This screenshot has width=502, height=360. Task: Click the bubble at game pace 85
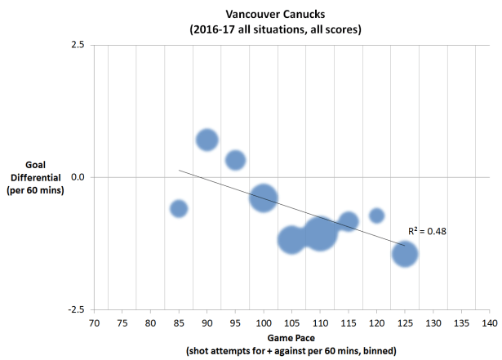click(179, 209)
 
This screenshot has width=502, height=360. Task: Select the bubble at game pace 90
click(207, 140)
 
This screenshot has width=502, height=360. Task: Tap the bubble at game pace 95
click(235, 160)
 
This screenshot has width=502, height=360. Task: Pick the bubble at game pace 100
click(263, 197)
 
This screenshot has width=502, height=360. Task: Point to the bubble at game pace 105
click(291, 240)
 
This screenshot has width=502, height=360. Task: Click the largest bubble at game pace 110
click(319, 233)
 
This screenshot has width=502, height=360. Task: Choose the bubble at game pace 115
click(349, 221)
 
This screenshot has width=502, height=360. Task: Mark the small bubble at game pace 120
click(376, 216)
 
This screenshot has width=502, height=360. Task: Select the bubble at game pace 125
click(405, 254)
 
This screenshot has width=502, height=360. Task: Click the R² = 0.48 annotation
click(427, 231)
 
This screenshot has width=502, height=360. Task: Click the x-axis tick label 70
click(94, 324)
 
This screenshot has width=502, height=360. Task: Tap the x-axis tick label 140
click(489, 324)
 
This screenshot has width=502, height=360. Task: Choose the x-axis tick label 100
click(263, 324)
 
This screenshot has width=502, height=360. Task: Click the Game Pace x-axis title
click(291, 337)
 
